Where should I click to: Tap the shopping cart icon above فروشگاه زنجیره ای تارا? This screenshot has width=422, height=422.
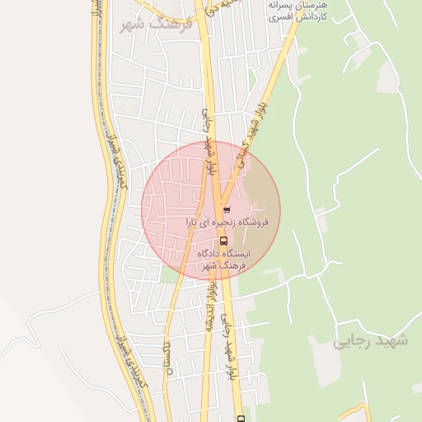(226, 211)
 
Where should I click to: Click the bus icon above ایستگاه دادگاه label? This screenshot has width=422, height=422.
(224, 242)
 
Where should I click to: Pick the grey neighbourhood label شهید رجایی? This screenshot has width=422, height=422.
(372, 341)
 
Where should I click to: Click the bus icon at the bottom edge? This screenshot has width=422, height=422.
(241, 418)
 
